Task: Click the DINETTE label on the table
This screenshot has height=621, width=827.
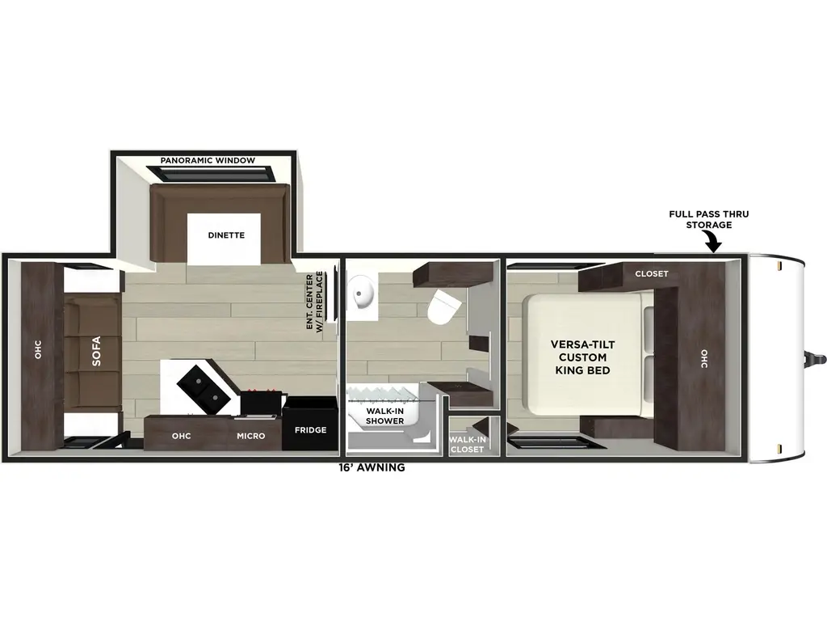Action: pos(225,235)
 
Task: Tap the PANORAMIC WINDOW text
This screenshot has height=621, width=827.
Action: pos(208,160)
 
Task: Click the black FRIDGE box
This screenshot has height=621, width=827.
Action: pos(310,429)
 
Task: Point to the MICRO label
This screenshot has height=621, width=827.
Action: pos(250,436)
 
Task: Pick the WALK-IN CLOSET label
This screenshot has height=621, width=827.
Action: pos(467,444)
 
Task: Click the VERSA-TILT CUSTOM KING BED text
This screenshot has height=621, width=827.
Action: pos(580,357)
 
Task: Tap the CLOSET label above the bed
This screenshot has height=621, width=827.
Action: pos(651,273)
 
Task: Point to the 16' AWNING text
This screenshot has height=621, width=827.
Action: pos(372,467)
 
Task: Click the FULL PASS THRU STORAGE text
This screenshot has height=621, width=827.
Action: pos(708,219)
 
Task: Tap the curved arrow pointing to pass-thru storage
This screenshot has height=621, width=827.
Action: pos(713,241)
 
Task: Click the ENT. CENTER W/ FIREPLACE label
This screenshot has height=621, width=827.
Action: pos(314,302)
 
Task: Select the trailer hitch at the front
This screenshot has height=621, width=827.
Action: pos(817,358)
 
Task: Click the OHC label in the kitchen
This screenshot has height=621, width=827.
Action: pos(181,436)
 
